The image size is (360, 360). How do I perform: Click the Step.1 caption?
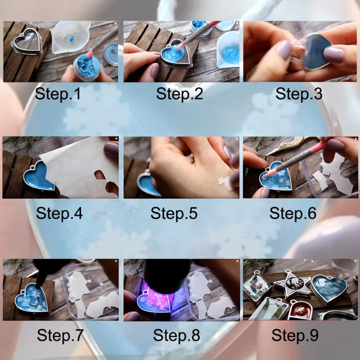[x=58, y=94]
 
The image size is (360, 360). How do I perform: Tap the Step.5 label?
[x=174, y=213]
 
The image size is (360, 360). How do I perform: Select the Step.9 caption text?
[x=295, y=335]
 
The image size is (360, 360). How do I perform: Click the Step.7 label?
[x=60, y=335]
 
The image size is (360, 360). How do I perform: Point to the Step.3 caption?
[x=299, y=94]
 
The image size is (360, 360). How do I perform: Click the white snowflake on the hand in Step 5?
[x=221, y=180]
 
